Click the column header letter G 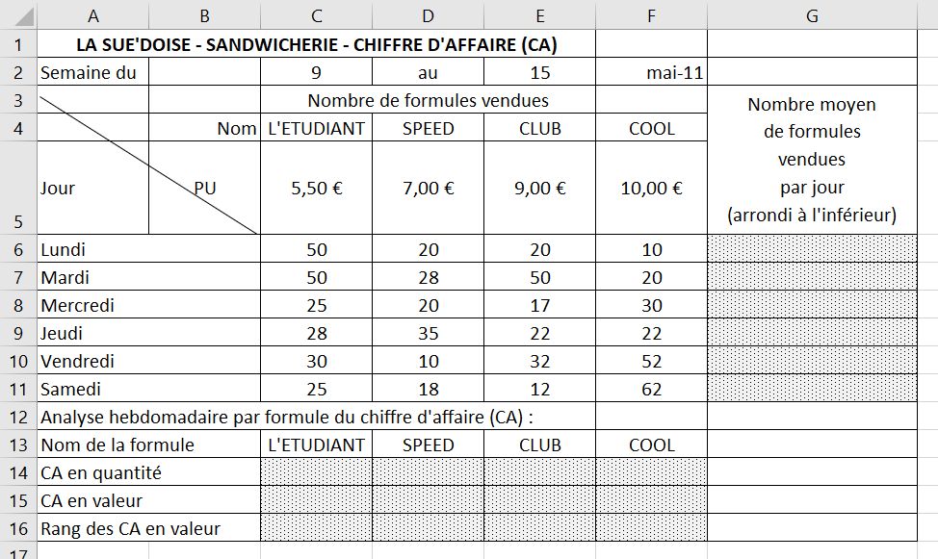pos(812,16)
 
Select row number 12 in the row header pos(18,418)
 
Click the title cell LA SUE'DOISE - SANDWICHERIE pos(316,44)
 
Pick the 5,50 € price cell pos(316,189)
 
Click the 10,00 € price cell pos(651,189)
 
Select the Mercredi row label pos(77,305)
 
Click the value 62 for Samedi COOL pos(651,390)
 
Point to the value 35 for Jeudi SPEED pos(429,333)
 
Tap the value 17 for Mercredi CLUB pos(539,305)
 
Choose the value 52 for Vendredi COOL pos(651,362)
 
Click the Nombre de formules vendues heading pos(428,100)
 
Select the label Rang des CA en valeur pos(131,528)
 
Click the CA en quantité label pos(101,472)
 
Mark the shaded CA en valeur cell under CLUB pos(539,500)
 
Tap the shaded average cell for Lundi pos(812,249)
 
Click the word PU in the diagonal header pos(205,189)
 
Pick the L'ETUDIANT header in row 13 pos(316,445)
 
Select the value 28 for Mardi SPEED pos(429,277)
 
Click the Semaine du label pos(89,72)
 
